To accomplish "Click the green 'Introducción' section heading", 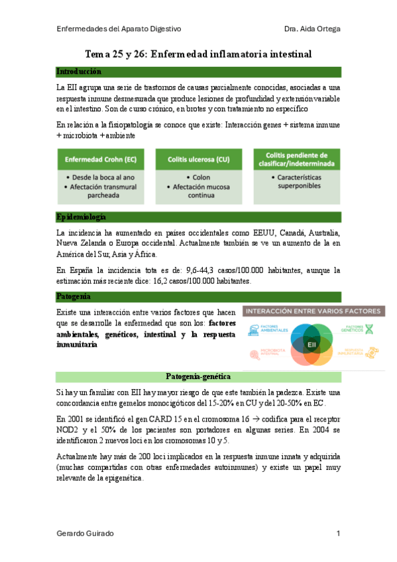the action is click(x=79, y=72).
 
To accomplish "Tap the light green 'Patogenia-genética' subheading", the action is click(x=198, y=377).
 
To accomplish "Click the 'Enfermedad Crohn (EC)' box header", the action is click(x=101, y=160).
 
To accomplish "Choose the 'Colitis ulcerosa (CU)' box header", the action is click(x=198, y=160).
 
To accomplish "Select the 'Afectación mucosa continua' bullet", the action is click(x=198, y=191).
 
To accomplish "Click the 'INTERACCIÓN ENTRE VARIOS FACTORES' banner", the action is click(x=312, y=310).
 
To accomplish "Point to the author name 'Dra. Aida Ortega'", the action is click(x=312, y=29).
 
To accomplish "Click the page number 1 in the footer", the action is click(x=338, y=534).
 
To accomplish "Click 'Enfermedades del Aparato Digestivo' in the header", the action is click(x=119, y=29).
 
